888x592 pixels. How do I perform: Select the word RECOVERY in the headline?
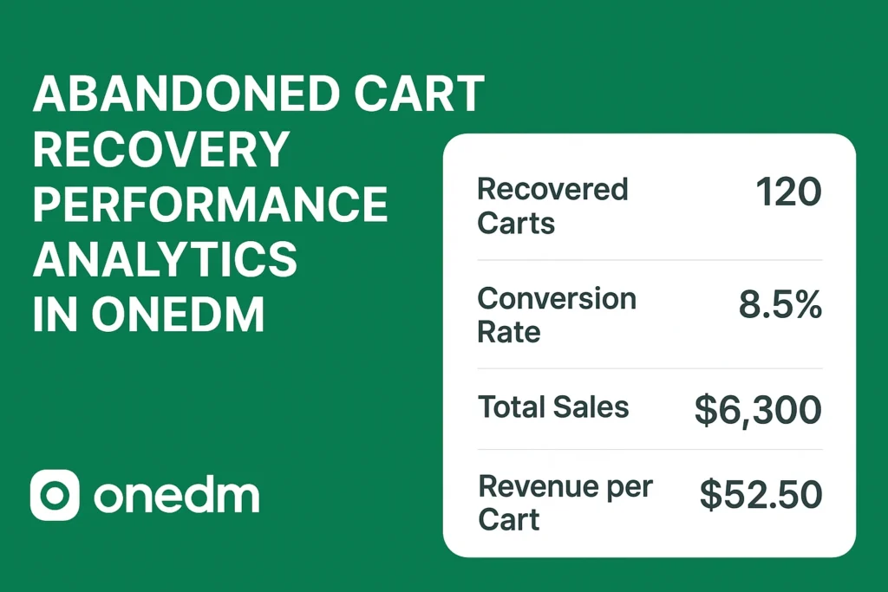[160, 150]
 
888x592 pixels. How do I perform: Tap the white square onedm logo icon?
[55, 495]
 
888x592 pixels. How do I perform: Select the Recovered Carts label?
[552, 205]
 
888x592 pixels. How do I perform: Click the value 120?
[788, 192]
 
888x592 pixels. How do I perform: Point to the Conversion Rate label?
[557, 315]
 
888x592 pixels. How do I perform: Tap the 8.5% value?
[780, 305]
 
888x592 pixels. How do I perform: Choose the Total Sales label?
[553, 407]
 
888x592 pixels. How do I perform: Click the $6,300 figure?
[758, 409]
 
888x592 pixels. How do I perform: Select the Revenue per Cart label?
[565, 503]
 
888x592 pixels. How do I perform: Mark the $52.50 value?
[761, 494]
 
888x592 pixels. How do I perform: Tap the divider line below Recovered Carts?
[650, 260]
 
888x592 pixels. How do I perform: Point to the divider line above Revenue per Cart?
[650, 449]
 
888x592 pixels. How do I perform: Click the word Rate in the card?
[509, 331]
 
